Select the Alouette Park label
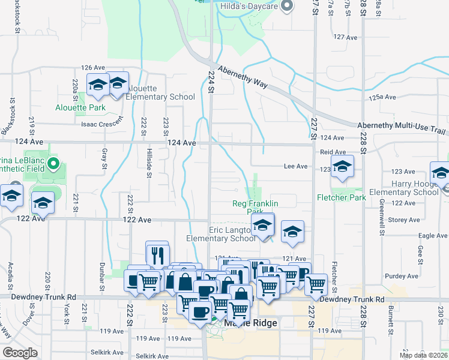[80, 108]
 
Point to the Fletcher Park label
[341, 197]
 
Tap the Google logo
[20, 353]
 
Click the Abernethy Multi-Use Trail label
[403, 125]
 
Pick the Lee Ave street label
[296, 166]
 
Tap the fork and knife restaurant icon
[157, 254]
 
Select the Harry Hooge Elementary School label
[415, 188]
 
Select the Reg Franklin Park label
[255, 208]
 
